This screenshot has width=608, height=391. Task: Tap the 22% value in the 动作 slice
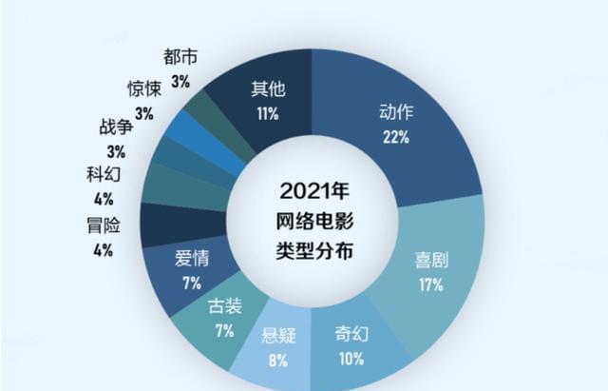[396, 137]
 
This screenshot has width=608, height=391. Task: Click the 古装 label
[224, 307]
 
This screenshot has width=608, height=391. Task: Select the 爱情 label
[192, 259]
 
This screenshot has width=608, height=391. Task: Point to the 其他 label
[267, 91]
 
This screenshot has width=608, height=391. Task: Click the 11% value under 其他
[267, 114]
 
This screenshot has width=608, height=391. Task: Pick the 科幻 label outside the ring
[102, 174]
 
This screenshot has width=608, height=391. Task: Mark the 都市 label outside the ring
[180, 56]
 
